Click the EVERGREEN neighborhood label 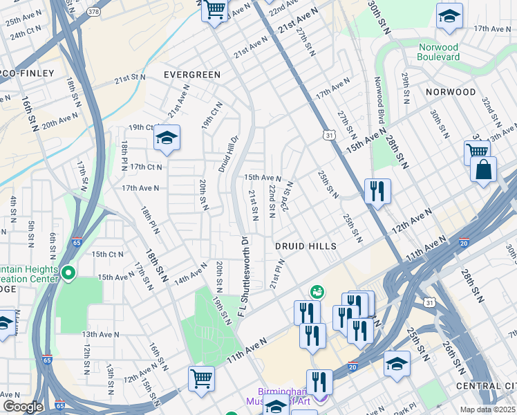[x=191, y=74]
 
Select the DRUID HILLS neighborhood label [x=305, y=246]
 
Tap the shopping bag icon [x=482, y=169]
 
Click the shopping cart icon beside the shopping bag [x=477, y=151]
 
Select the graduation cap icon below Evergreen [x=167, y=139]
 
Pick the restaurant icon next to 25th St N [x=377, y=192]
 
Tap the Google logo [x=23, y=407]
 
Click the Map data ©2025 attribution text [x=487, y=409]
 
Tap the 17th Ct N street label [x=145, y=167]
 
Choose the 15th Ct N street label [x=106, y=254]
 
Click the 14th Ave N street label [x=190, y=274]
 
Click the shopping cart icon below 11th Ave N [x=201, y=378]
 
